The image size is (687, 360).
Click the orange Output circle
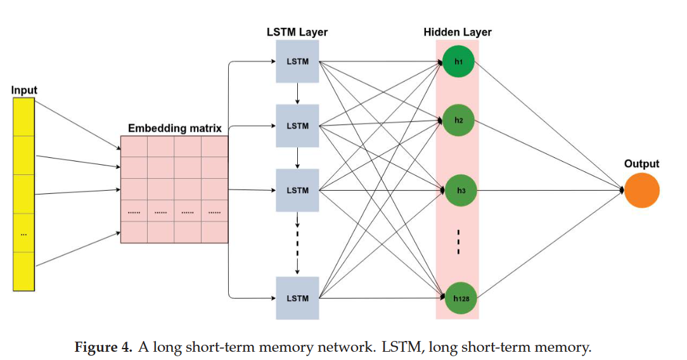(x=641, y=190)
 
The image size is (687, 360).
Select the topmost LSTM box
(x=297, y=62)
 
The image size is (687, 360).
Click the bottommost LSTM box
(x=297, y=298)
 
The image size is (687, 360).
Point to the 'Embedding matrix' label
(x=175, y=129)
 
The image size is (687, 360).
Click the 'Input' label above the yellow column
(x=25, y=91)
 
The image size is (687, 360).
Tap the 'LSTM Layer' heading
(x=297, y=32)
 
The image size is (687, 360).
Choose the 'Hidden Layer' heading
(x=458, y=32)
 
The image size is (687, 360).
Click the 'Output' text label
(x=641, y=164)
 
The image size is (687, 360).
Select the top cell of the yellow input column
(x=25, y=117)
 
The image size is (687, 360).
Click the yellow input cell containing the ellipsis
(x=25, y=234)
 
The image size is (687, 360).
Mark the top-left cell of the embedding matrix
(x=134, y=147)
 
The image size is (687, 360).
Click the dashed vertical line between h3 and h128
(x=458, y=242)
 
